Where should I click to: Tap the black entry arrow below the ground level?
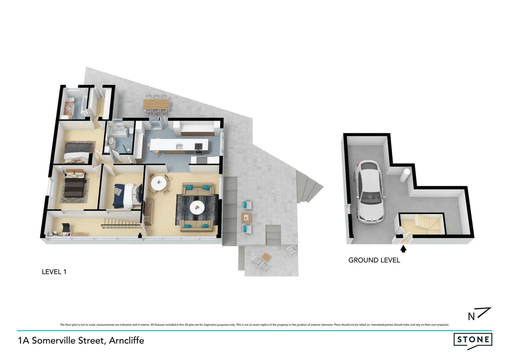(403, 249)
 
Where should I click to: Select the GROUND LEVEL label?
(374, 260)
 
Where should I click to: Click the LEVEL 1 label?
(54, 272)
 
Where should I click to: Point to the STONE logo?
(473, 340)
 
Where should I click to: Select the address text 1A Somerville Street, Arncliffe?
(81, 341)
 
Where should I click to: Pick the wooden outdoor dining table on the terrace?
(156, 104)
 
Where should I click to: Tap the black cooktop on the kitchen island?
(199, 146)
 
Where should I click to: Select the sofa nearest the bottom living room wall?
(196, 226)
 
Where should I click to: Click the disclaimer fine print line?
(254, 325)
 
